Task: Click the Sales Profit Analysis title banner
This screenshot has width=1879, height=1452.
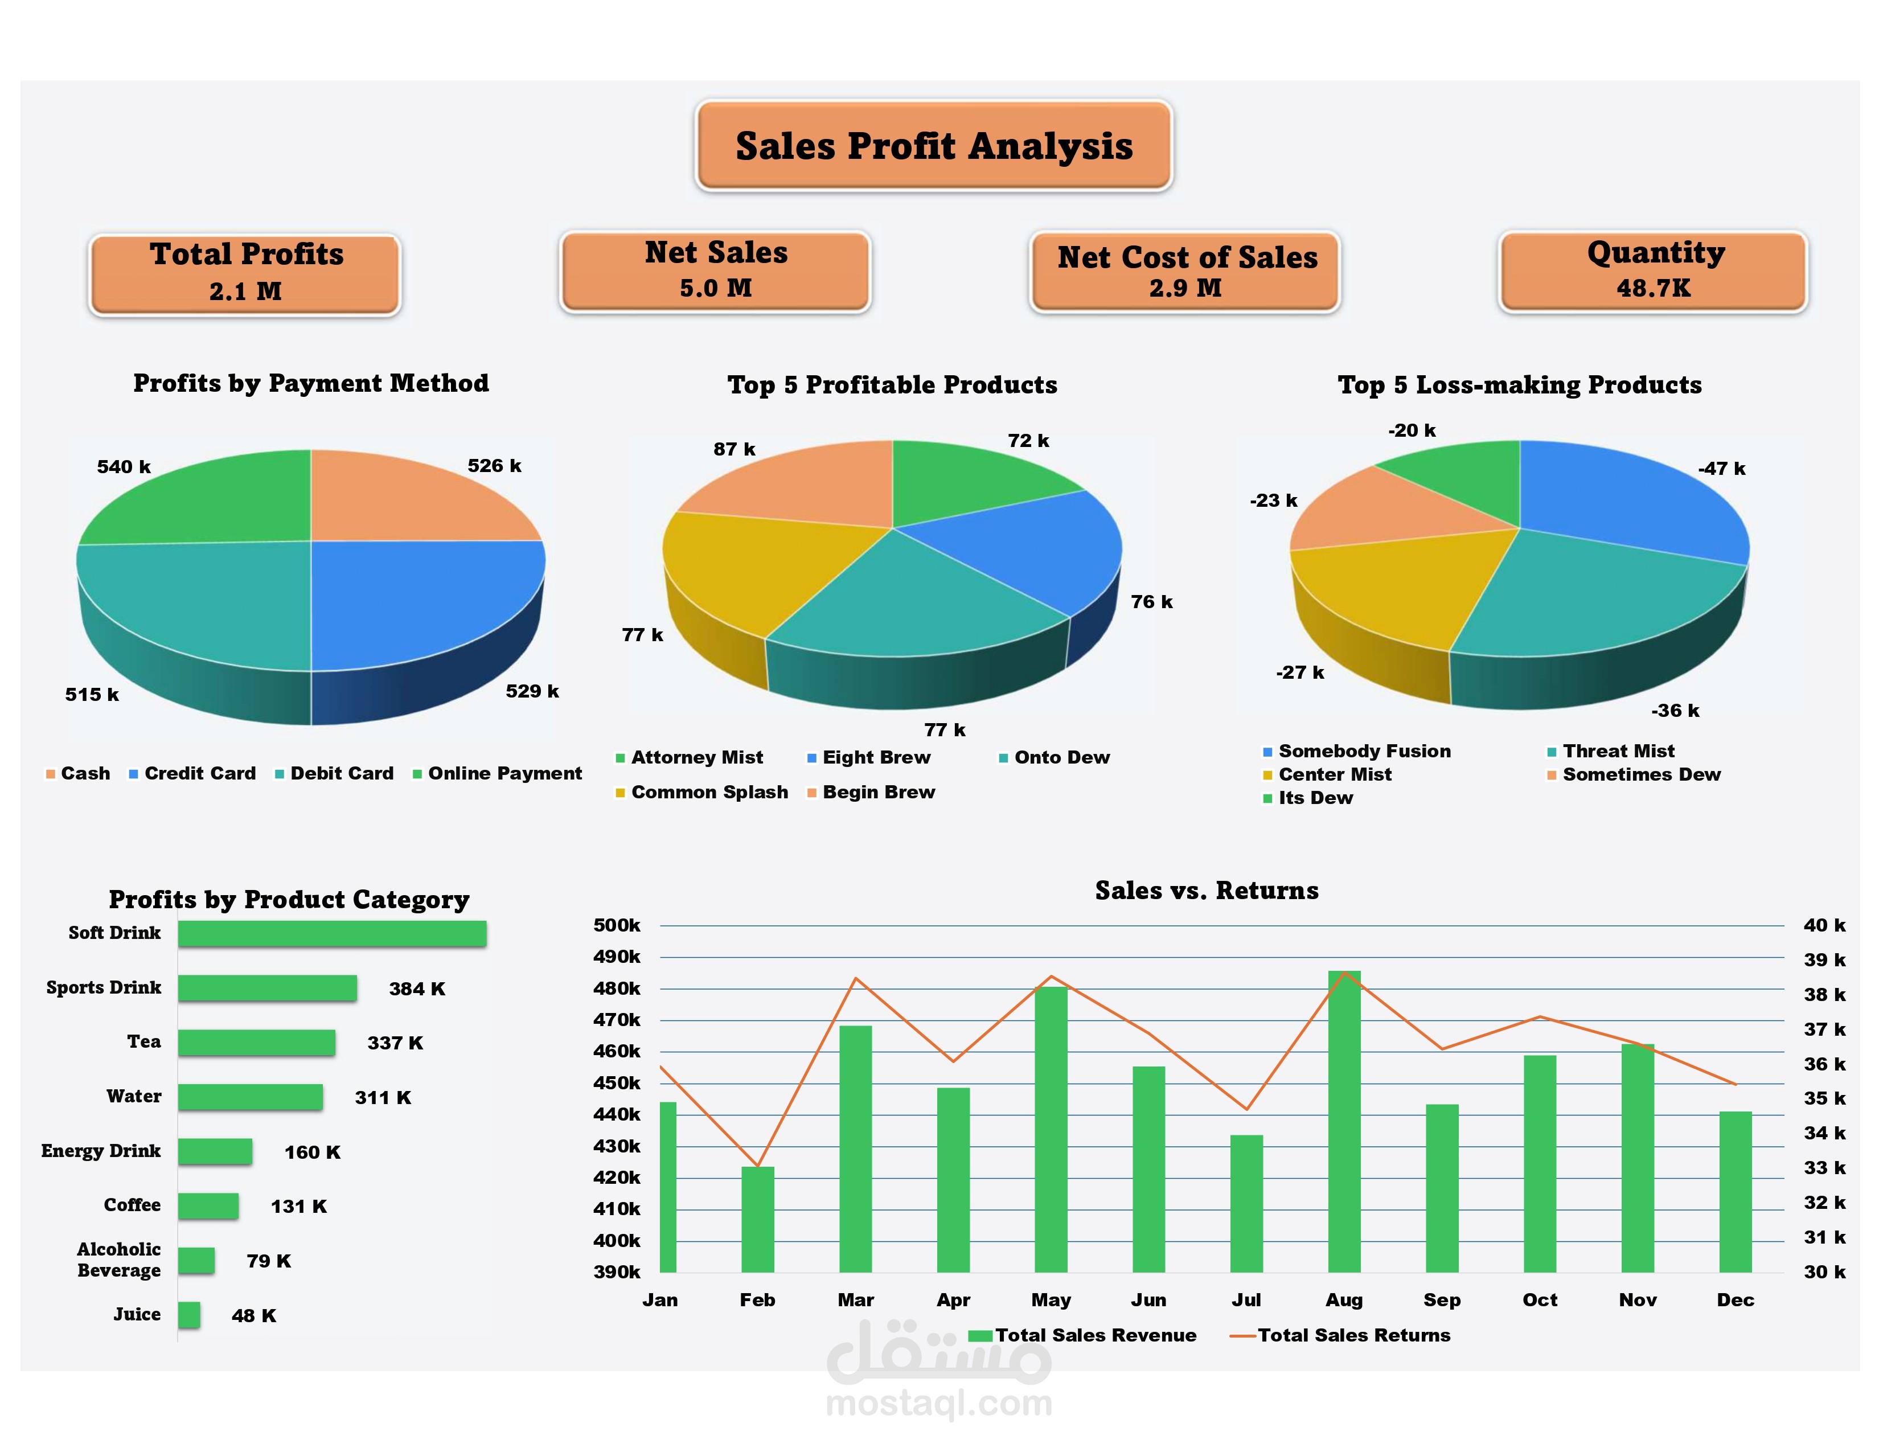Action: click(933, 145)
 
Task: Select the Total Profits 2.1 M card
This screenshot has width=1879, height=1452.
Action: click(245, 273)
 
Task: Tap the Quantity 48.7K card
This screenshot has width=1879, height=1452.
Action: click(1654, 270)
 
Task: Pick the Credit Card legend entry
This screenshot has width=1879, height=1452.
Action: click(199, 773)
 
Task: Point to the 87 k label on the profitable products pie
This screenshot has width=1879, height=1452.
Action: click(734, 449)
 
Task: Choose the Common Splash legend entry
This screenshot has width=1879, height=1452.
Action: click(708, 792)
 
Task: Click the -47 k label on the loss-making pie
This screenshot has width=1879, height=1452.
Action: click(1721, 469)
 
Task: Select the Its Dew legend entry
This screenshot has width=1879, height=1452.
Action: click(1314, 798)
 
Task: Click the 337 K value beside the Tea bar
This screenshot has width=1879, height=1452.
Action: click(395, 1043)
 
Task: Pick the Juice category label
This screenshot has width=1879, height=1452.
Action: click(137, 1314)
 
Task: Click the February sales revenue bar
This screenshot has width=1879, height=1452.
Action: click(757, 1219)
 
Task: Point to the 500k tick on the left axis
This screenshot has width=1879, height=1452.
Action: click(616, 925)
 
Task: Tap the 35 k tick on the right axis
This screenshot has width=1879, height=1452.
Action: click(1824, 1098)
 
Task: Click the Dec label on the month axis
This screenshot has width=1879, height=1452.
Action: click(1734, 1300)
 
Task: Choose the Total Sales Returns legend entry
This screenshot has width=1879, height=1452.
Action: click(1352, 1335)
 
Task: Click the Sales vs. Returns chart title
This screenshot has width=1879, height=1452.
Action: click(1206, 891)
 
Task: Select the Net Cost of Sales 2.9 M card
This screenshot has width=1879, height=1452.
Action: click(1185, 270)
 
